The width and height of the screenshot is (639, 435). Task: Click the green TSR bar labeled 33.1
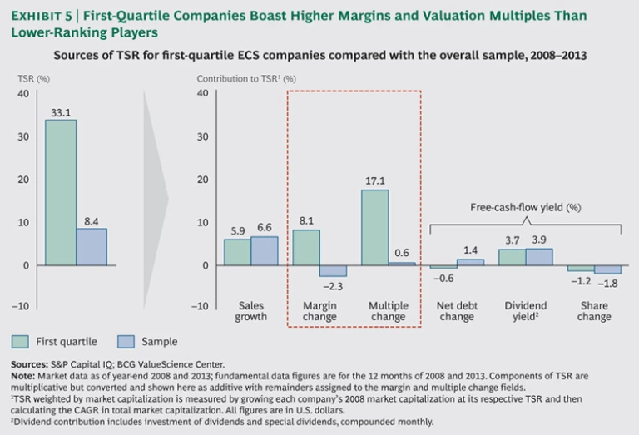pyautogui.click(x=61, y=192)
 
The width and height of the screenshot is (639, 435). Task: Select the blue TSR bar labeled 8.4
pyautogui.click(x=92, y=246)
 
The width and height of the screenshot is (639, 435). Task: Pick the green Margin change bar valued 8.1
pyautogui.click(x=305, y=247)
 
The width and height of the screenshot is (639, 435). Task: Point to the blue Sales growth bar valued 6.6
pyautogui.click(x=265, y=250)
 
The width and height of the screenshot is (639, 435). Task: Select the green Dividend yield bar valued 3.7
pyautogui.click(x=512, y=257)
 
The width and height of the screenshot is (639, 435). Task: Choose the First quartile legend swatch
pyautogui.click(x=21, y=341)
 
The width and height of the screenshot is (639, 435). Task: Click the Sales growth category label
pyautogui.click(x=250, y=311)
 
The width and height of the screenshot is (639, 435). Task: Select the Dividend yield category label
pyautogui.click(x=525, y=311)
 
